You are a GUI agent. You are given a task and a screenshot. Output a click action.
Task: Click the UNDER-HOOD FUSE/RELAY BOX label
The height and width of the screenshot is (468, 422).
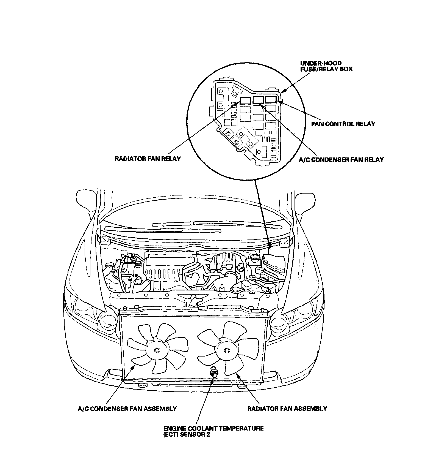point(326,66)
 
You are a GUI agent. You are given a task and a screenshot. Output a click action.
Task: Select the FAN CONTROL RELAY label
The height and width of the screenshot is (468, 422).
point(343,124)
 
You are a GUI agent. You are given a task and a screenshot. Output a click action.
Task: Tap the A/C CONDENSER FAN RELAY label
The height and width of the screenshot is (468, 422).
point(341,159)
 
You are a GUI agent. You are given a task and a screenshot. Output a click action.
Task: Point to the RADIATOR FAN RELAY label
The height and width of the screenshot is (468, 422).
point(148,159)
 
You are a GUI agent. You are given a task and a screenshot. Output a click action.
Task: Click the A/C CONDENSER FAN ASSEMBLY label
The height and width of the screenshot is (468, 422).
point(127,409)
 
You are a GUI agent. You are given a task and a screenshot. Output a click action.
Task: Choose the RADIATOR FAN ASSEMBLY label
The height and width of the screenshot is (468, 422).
point(287,408)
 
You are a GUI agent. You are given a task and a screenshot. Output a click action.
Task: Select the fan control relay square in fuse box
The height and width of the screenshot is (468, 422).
point(271,100)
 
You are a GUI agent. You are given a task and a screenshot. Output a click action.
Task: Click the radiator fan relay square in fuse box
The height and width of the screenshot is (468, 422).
point(245,100)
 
